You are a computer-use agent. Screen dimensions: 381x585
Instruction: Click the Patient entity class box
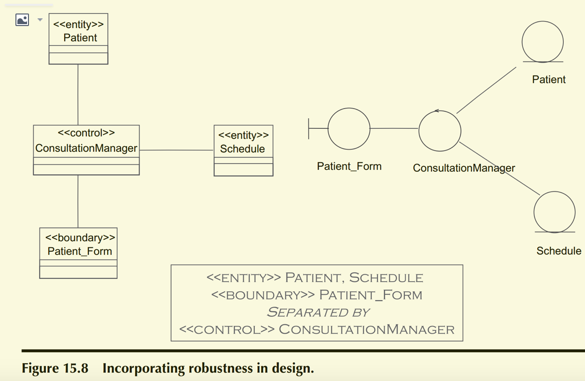pos(78,39)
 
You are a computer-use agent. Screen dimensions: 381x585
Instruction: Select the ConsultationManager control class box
pos(86,150)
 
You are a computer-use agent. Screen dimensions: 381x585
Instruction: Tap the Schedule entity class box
pos(243,150)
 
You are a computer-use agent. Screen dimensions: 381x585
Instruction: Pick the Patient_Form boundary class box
pos(78,253)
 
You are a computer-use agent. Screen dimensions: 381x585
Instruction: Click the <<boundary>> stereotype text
pos(80,238)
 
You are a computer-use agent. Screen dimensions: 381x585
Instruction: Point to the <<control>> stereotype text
pos(86,133)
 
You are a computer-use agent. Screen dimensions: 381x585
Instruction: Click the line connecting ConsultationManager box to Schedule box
pos(177,150)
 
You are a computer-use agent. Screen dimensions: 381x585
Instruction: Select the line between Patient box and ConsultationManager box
pos(78,95)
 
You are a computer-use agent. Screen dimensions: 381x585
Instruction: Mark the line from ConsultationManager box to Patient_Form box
pos(78,201)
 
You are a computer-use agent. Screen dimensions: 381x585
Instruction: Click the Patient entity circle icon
pos(543,42)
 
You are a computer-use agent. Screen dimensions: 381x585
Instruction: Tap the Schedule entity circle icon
pos(555,212)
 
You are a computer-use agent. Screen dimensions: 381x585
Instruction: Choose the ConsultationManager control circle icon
pos(440,131)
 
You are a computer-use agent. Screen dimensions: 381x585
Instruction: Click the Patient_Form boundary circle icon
pos(348,129)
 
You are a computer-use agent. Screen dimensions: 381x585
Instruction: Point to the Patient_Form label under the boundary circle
pos(349,166)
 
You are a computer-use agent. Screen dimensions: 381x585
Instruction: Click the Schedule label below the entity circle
pos(558,251)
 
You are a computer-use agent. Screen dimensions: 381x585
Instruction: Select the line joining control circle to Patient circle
pos(486,90)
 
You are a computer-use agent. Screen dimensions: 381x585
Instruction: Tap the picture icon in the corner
pos(22,20)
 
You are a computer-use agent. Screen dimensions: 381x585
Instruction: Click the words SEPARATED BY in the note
pos(318,312)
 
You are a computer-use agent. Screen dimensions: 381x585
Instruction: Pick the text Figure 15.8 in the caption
pos(55,368)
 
